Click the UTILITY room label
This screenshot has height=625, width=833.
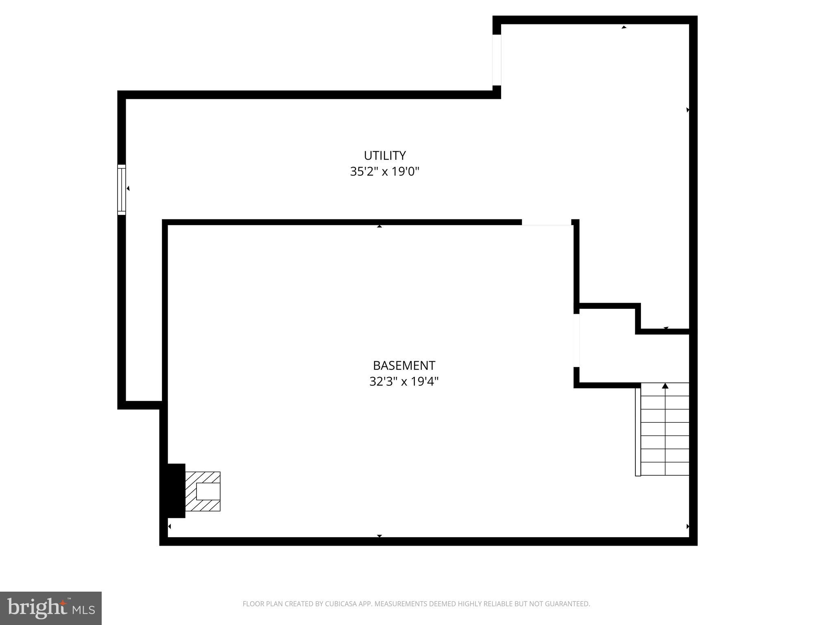(x=384, y=155)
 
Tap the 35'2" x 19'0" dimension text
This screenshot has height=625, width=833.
(x=384, y=172)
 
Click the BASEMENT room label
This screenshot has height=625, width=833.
(x=404, y=365)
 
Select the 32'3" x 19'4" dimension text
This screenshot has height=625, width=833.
(x=404, y=382)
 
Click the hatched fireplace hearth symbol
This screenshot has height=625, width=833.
(x=203, y=491)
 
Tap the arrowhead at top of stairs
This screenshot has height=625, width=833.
(x=665, y=386)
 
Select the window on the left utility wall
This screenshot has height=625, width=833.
(x=122, y=190)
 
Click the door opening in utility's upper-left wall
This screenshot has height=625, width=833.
(x=497, y=60)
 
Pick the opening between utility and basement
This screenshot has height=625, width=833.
(x=546, y=223)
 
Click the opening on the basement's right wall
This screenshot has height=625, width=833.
(x=576, y=341)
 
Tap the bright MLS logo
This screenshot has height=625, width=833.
(x=51, y=608)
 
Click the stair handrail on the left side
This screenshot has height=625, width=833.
(x=638, y=431)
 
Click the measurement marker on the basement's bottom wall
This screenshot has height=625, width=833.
(x=379, y=536)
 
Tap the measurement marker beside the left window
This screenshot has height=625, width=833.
(x=128, y=188)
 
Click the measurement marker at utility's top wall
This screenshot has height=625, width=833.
(x=624, y=27)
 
